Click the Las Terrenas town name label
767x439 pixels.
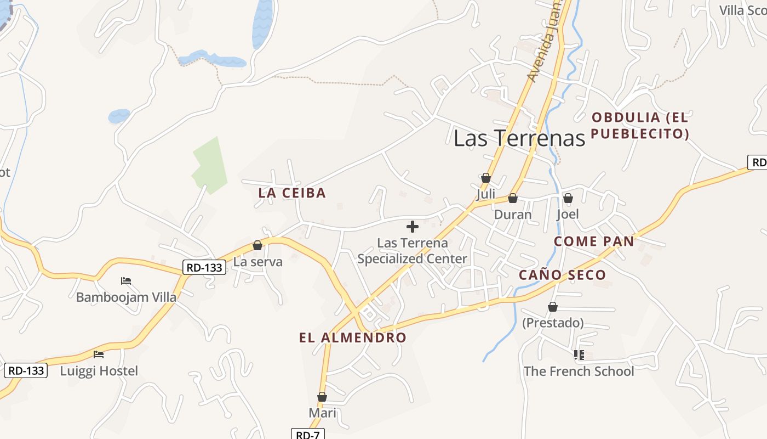(519, 138)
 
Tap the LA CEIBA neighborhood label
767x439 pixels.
(292, 193)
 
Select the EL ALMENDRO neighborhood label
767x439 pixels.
(353, 337)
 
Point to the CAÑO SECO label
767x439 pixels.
(562, 275)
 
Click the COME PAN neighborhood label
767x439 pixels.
(594, 241)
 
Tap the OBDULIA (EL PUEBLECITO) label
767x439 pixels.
(640, 125)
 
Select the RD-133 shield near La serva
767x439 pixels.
(204, 267)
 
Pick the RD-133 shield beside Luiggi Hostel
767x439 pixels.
(26, 370)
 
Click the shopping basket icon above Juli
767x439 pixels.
(485, 178)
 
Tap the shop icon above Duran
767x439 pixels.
(513, 198)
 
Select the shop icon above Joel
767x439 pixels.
(568, 198)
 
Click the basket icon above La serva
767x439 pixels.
(257, 245)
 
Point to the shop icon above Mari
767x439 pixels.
(322, 397)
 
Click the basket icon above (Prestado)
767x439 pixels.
(553, 307)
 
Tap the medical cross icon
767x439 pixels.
(413, 226)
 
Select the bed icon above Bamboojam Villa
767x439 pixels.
(126, 281)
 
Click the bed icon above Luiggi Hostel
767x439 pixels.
(99, 354)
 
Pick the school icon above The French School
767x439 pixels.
(579, 355)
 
